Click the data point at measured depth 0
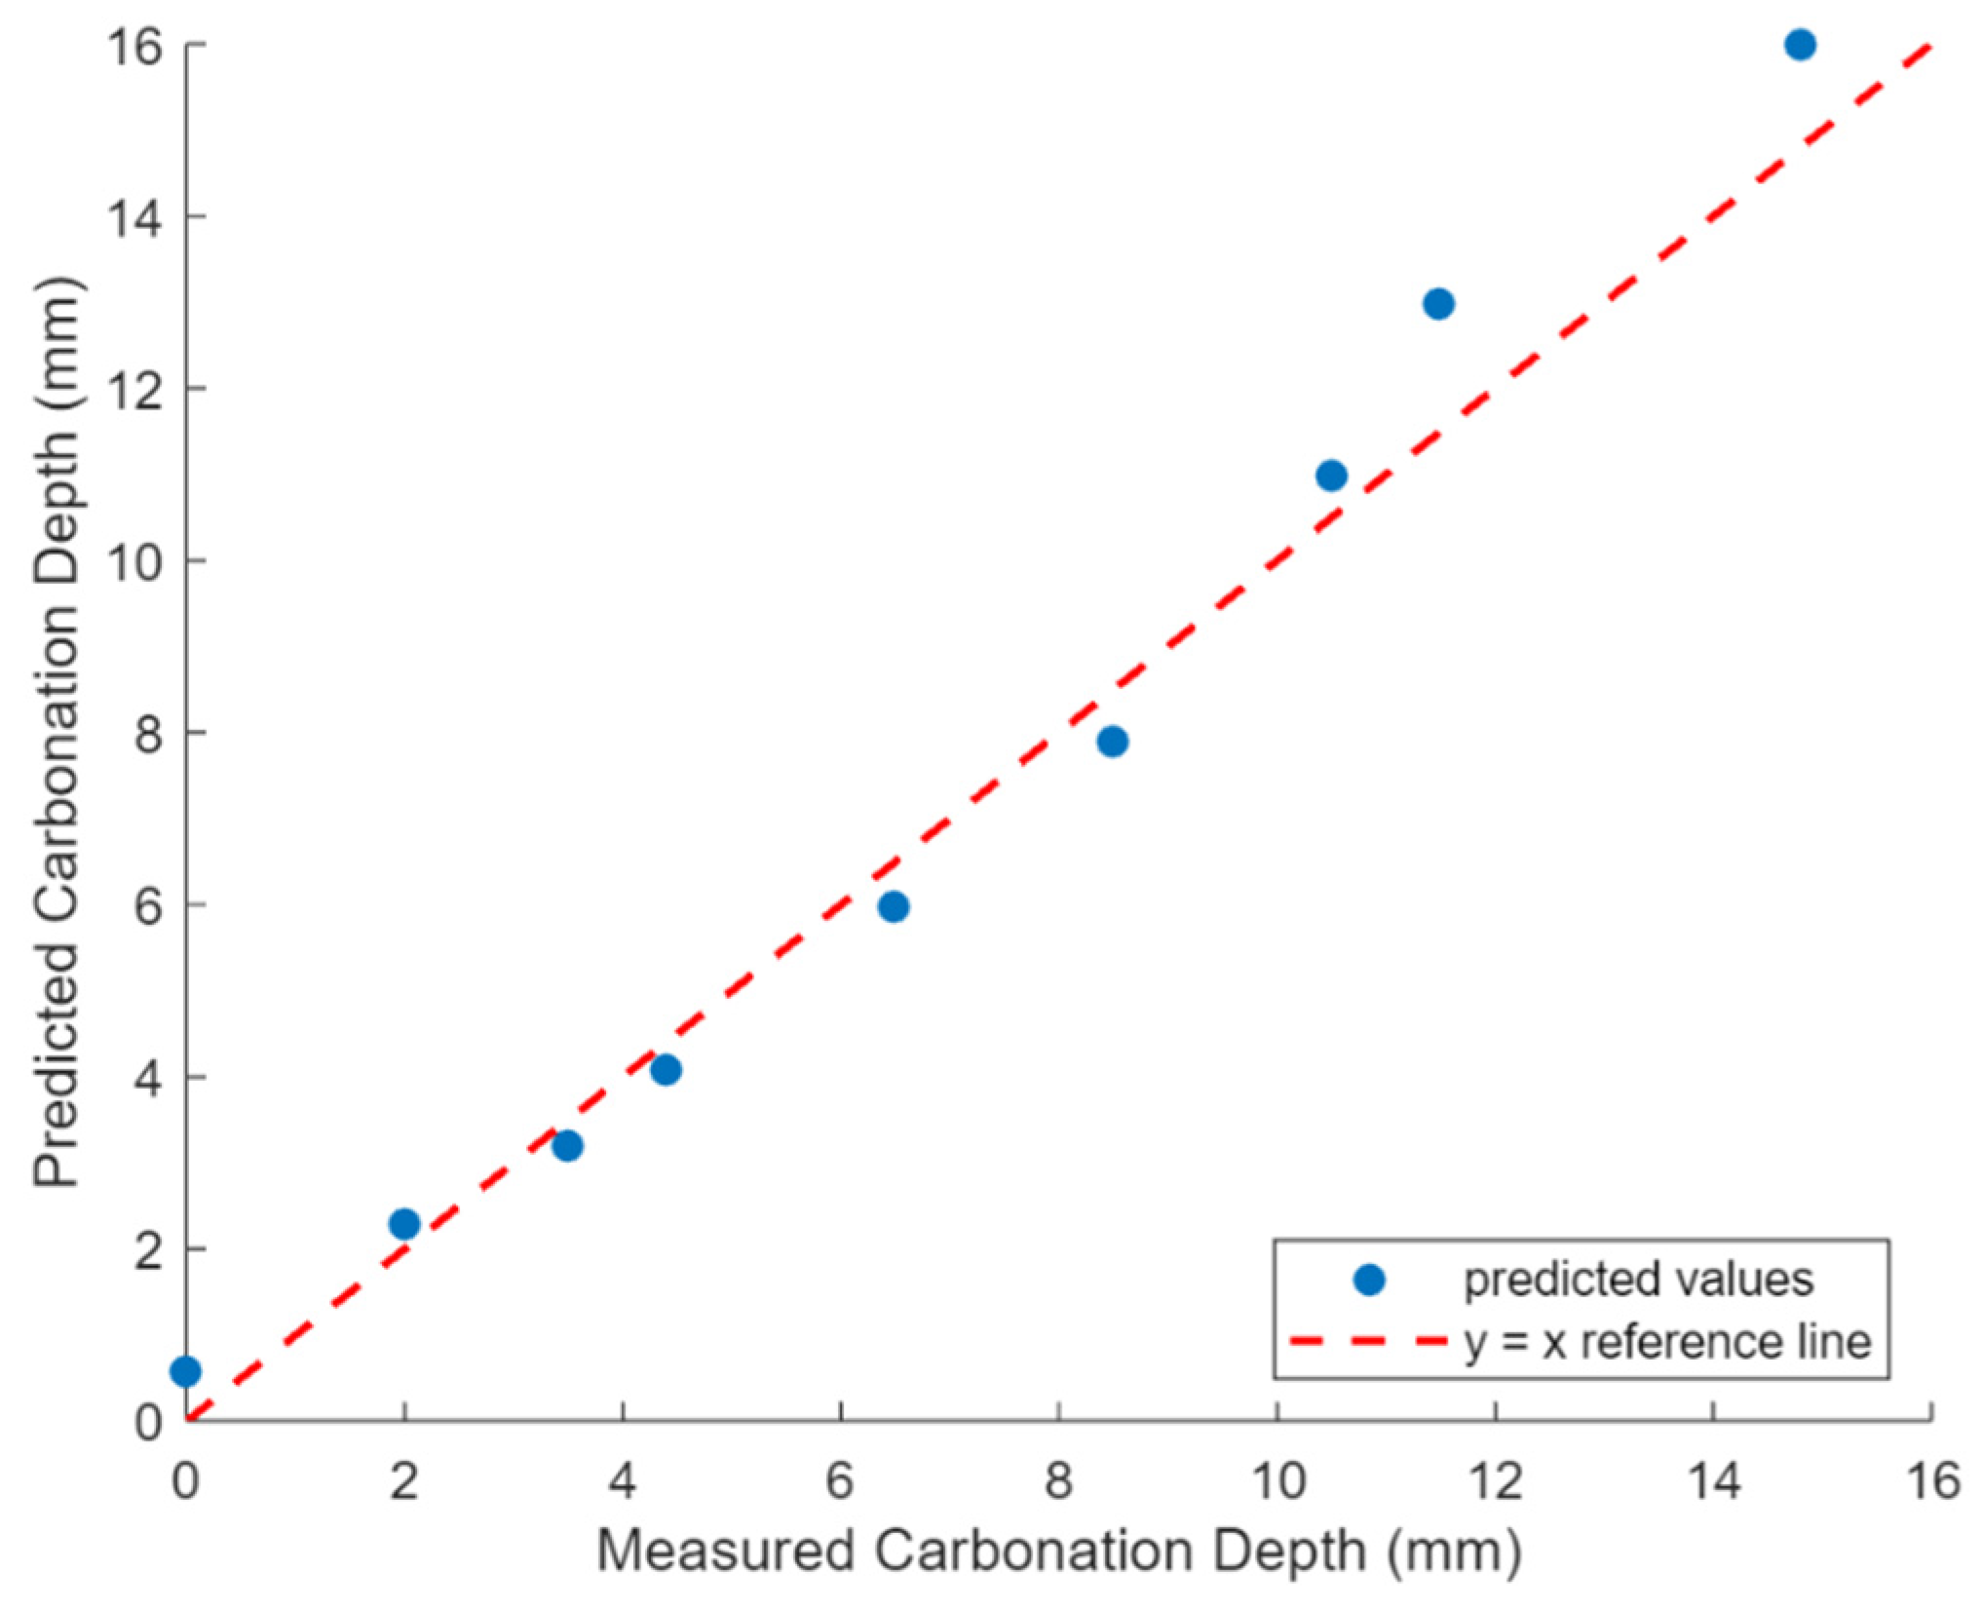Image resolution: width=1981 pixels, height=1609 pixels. [185, 1372]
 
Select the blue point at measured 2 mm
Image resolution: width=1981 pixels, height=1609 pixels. [404, 1224]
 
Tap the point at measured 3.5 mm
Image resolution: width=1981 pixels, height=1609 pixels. [567, 1146]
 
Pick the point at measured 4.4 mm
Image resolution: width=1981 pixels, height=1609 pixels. [666, 1070]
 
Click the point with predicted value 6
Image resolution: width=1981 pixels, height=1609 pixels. [894, 907]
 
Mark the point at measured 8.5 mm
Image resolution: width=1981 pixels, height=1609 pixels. [1112, 742]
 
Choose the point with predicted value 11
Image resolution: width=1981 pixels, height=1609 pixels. [1331, 476]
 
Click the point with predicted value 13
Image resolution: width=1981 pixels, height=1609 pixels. [1438, 304]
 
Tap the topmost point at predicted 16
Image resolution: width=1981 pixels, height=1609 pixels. [1800, 45]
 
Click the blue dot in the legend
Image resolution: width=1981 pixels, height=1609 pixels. [1369, 1280]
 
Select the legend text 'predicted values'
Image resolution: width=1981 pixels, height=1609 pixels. [1638, 1280]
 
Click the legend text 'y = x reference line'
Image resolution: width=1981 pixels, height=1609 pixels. [1667, 1342]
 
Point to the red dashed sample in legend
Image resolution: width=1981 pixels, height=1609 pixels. [1369, 1342]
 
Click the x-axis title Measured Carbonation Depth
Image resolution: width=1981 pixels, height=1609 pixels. [1058, 1551]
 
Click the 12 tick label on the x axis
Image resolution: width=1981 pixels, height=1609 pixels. [1495, 1482]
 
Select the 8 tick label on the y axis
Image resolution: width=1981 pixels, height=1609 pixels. [148, 734]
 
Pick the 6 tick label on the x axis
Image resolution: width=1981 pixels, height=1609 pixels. [840, 1482]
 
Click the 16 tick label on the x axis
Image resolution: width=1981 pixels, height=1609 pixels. [1931, 1482]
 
